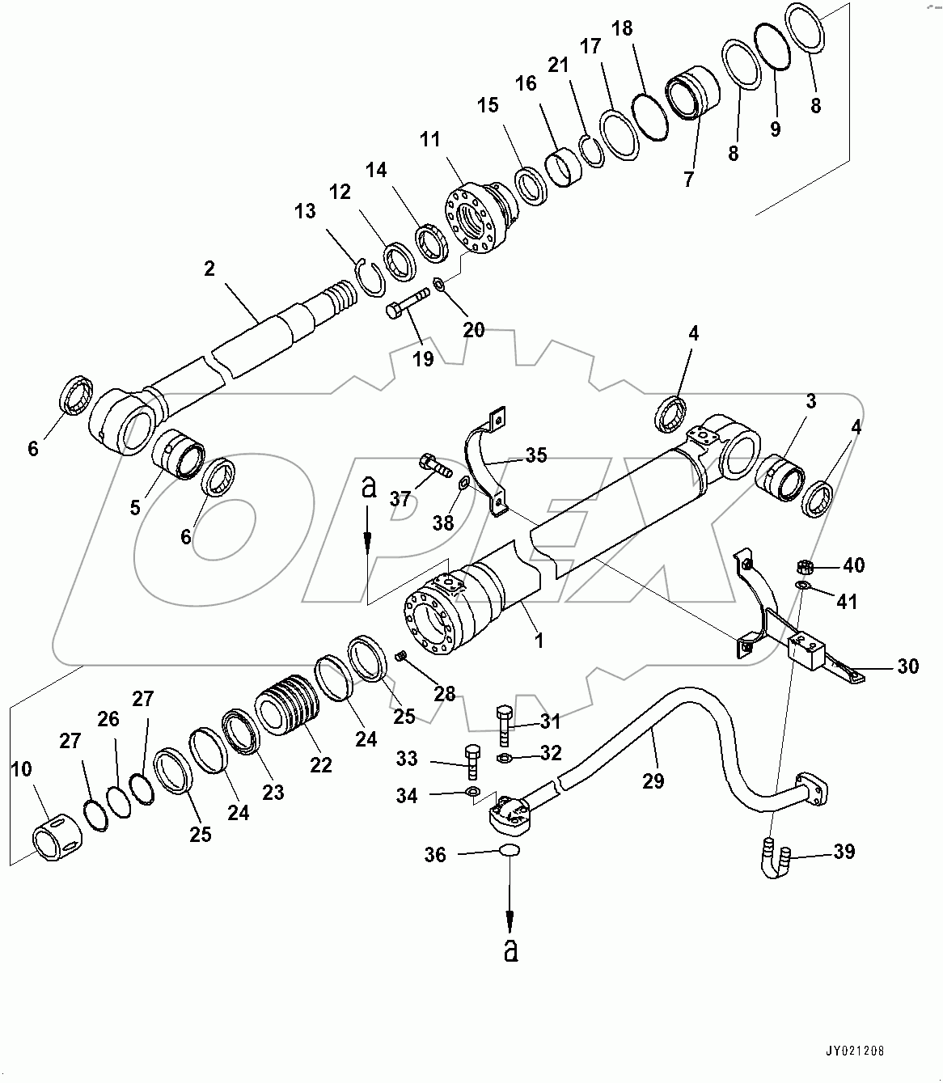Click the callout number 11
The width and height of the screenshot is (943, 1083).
429,140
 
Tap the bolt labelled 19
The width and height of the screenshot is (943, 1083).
408,307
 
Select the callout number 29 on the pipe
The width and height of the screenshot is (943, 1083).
653,781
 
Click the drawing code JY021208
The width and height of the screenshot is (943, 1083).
855,1051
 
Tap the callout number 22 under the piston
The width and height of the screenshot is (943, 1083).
321,764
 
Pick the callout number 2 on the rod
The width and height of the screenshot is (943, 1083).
209,269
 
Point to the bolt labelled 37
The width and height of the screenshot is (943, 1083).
431,464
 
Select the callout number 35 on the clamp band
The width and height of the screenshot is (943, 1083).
535,455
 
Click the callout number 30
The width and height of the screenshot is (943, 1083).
908,666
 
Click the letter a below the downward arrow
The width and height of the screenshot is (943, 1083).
510,951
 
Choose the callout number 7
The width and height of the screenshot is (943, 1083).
688,180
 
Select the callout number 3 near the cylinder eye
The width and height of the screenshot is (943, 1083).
810,401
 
